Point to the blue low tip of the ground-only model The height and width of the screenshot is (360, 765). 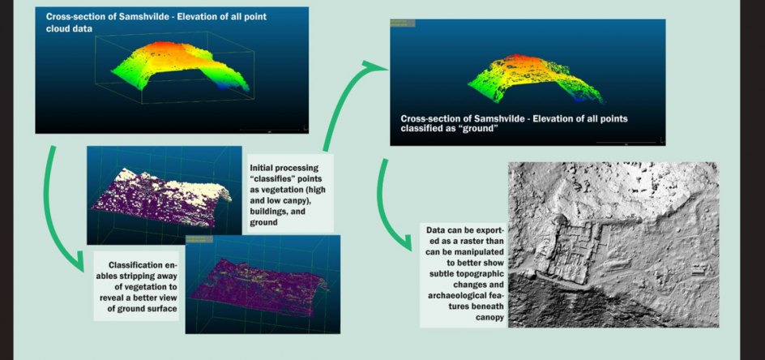579,98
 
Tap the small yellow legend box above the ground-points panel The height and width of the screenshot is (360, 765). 403,23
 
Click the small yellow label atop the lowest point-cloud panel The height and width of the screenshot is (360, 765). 199,239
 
